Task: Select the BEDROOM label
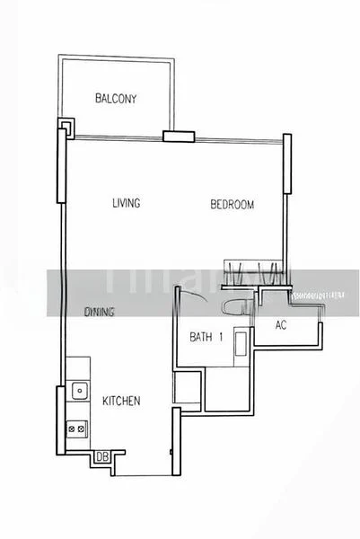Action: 233,205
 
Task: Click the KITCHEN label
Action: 120,402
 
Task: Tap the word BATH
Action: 199,338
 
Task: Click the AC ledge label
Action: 280,325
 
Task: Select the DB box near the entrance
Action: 102,457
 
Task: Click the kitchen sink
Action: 79,391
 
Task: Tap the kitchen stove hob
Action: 76,429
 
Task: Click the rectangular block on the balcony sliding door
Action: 179,137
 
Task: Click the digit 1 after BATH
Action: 221,338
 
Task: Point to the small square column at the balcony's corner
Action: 65,124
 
